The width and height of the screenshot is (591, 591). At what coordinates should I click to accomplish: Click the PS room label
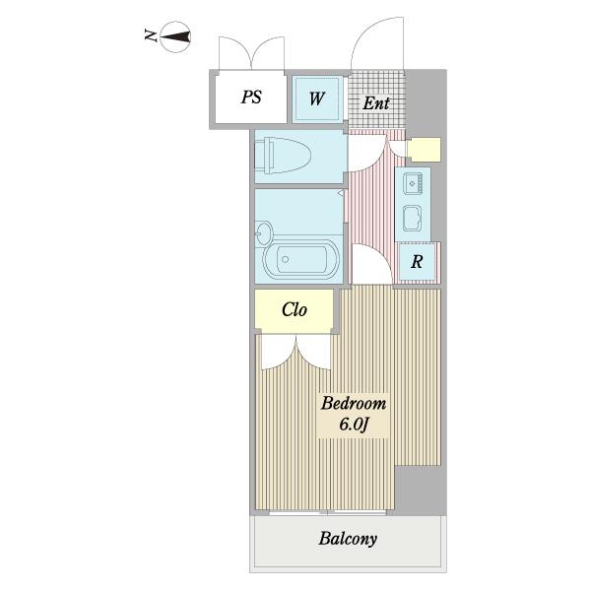pyautogui.click(x=251, y=97)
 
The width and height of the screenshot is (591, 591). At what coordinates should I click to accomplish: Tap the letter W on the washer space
pyautogui.click(x=317, y=98)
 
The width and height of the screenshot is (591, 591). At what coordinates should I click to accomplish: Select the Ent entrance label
pyautogui.click(x=376, y=102)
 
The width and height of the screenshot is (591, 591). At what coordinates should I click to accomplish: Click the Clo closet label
pyautogui.click(x=294, y=310)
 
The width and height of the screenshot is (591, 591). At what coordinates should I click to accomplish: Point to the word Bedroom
pyautogui.click(x=354, y=403)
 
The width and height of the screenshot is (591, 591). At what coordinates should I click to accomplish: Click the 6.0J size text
pyautogui.click(x=354, y=425)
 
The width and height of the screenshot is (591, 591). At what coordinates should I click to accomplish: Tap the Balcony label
pyautogui.click(x=348, y=538)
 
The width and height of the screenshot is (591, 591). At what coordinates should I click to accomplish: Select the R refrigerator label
pyautogui.click(x=417, y=261)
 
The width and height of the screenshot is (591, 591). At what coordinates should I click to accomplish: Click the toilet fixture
pyautogui.click(x=283, y=156)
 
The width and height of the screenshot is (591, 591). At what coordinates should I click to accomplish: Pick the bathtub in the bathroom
pyautogui.click(x=301, y=259)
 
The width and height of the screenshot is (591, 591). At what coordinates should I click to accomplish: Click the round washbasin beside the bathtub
pyautogui.click(x=263, y=233)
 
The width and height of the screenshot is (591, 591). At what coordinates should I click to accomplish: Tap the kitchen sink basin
pyautogui.click(x=413, y=183)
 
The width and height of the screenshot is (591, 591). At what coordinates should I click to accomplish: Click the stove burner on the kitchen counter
pyautogui.click(x=412, y=219)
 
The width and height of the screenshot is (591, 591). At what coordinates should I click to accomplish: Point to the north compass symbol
pyautogui.click(x=175, y=37)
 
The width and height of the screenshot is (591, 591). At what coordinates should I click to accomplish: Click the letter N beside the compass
pyautogui.click(x=151, y=35)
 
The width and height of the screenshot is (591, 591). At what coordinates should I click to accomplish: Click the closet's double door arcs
pyautogui.click(x=296, y=352)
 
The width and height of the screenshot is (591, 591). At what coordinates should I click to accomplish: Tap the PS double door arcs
pyautogui.click(x=251, y=53)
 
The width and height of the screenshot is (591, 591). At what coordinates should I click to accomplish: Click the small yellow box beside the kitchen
pyautogui.click(x=424, y=150)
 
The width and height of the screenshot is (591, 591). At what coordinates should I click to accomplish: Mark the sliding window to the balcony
pyautogui.click(x=328, y=512)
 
